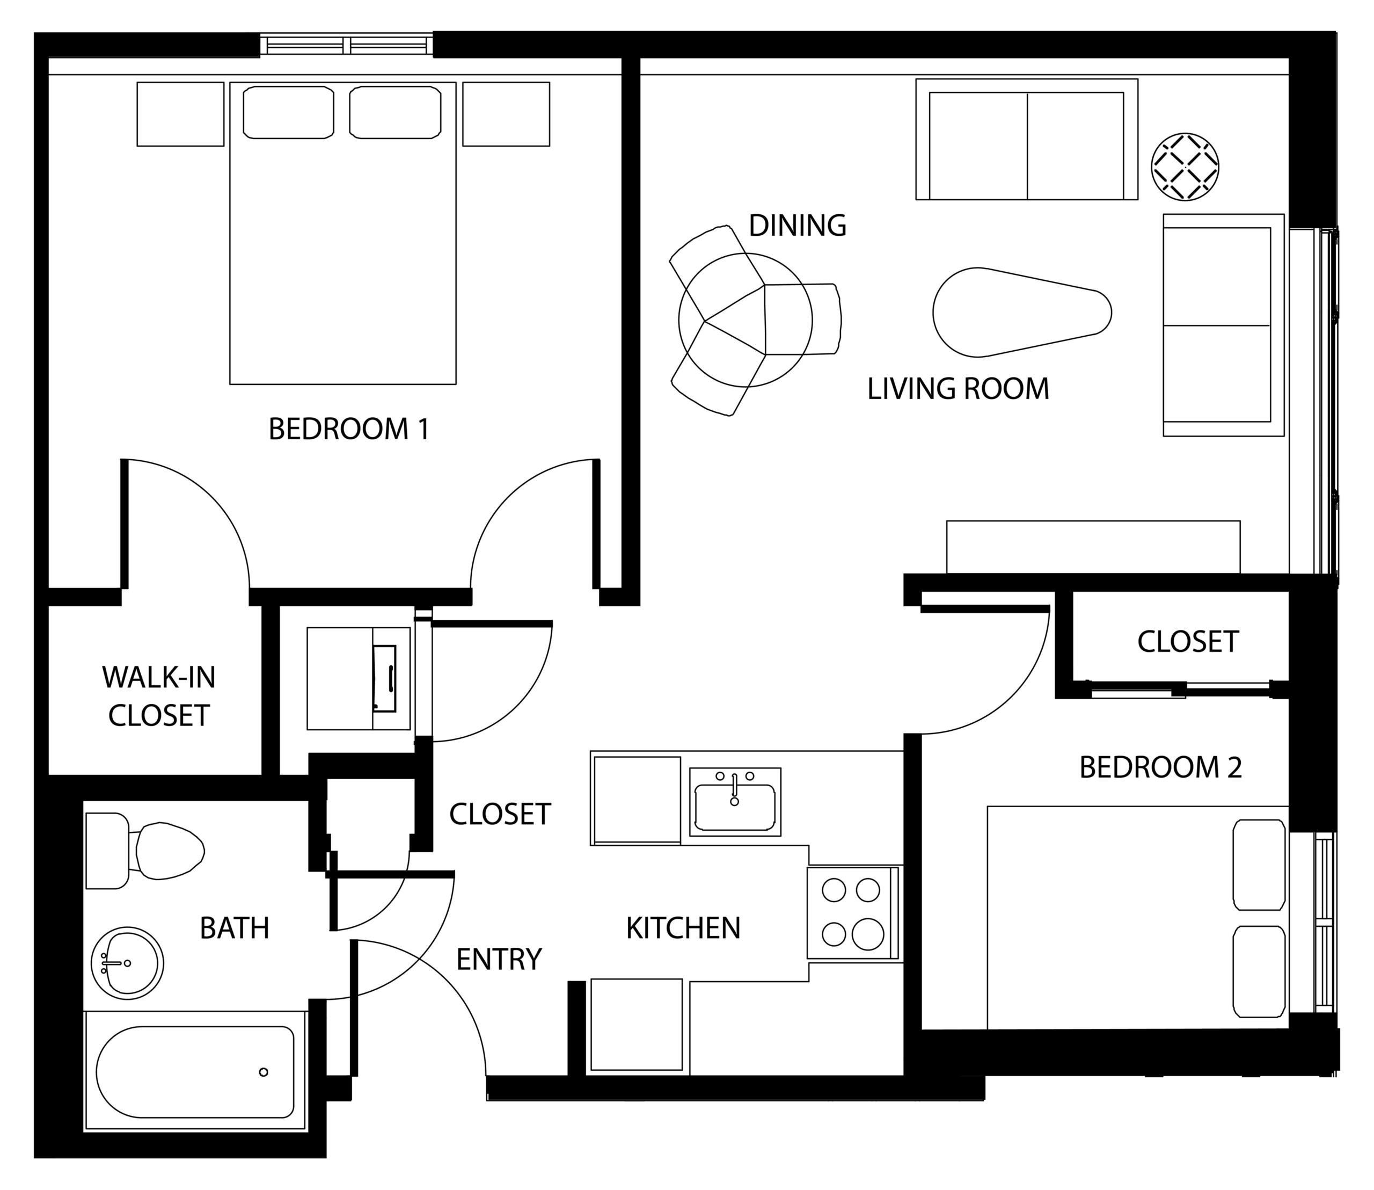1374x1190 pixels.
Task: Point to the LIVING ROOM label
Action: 959,388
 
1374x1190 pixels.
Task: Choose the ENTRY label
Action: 499,959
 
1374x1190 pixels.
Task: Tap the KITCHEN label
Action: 683,928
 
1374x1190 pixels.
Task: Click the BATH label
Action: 235,928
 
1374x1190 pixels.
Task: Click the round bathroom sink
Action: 127,963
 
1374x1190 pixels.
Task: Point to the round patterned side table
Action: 1185,166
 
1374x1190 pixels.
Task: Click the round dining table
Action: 745,320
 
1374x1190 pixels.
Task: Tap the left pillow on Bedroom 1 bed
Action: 289,112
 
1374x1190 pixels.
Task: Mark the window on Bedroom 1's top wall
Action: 347,45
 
